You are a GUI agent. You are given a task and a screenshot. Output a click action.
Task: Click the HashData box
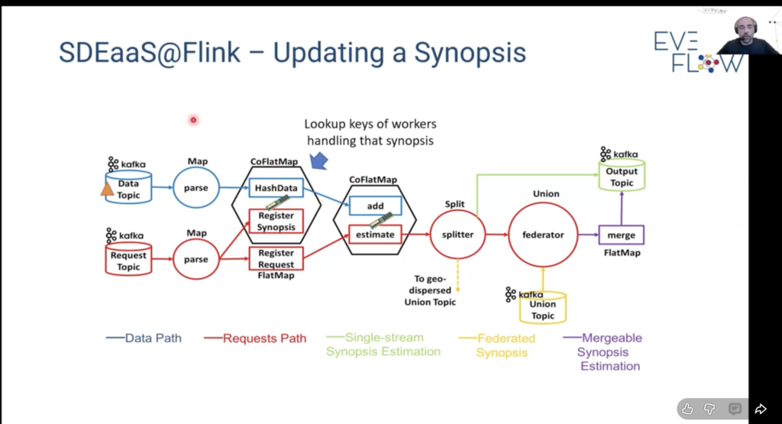[x=276, y=188]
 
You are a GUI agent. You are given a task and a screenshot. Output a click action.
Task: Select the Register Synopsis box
[x=276, y=221]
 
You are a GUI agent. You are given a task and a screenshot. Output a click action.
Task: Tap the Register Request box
[x=276, y=258]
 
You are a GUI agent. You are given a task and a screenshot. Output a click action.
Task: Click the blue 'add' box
[x=375, y=206]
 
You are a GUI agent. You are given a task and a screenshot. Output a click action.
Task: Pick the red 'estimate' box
[x=375, y=235]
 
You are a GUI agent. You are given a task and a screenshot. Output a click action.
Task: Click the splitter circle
[x=458, y=235]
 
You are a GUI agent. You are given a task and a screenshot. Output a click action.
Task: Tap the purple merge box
[x=622, y=235]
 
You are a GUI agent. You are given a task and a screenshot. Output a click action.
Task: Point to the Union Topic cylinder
[x=543, y=309]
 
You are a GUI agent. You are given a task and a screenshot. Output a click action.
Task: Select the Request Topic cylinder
[x=128, y=261]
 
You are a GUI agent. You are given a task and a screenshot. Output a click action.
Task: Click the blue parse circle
[x=196, y=188]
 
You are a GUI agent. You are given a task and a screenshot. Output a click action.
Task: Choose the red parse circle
[x=196, y=259]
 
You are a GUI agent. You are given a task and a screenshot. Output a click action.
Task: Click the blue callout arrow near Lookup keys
[x=319, y=159]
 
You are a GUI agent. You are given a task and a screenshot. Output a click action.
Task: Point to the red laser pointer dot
[x=193, y=119]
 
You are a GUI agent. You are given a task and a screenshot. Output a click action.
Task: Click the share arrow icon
[x=761, y=409]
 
